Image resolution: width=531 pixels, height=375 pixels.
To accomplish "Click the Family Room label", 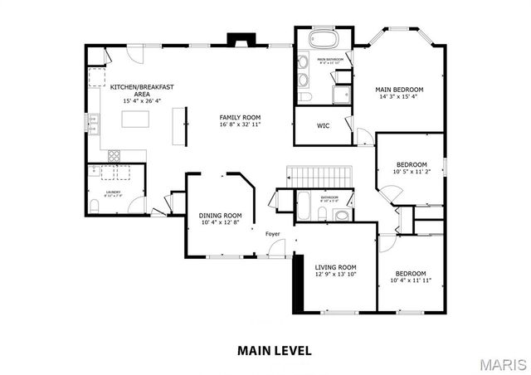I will coord(240,117).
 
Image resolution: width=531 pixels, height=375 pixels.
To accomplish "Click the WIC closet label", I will coord(323,126).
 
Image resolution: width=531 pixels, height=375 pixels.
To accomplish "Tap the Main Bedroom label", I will coord(399,89).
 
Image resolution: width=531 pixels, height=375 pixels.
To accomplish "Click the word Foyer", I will coord(273,234).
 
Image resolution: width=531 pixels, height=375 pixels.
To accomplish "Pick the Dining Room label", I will coord(221,215).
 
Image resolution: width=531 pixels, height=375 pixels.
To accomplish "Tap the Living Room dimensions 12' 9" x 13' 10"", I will coord(335,274).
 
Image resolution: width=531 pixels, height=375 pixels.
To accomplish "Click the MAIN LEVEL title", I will coord(275,351).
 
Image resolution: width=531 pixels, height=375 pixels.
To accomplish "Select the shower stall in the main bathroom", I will coord(340,94).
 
